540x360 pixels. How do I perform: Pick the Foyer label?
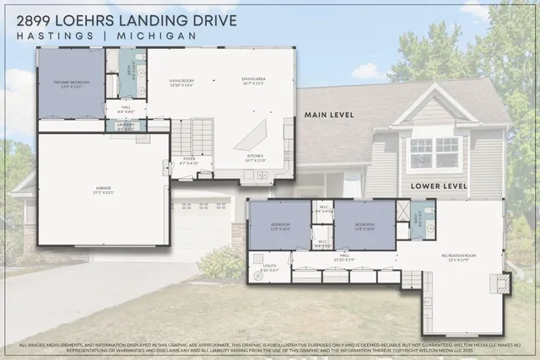(189, 160)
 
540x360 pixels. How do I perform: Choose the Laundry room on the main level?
(127, 126)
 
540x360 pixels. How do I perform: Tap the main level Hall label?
(126, 109)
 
